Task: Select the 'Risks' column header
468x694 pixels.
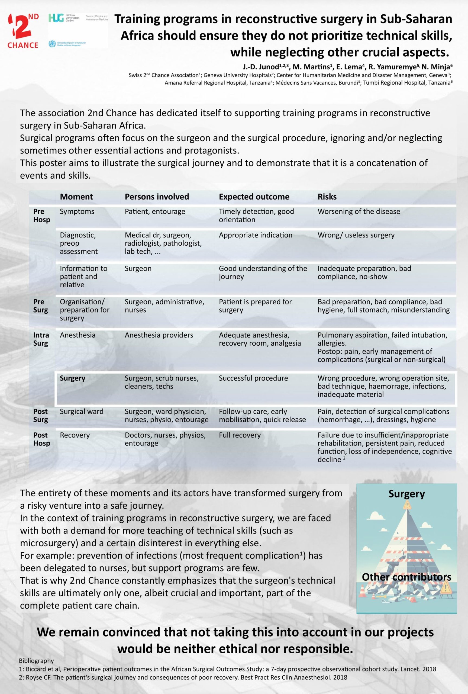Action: [327, 197]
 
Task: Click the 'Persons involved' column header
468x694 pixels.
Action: [157, 197]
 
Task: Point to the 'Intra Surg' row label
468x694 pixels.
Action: [41, 339]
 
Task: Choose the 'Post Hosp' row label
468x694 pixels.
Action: [41, 439]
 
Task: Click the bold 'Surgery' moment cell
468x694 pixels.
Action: [73, 378]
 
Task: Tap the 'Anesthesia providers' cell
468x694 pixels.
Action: [159, 335]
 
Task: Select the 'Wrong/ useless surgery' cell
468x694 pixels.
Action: [356, 235]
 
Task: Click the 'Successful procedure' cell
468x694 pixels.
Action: [253, 378]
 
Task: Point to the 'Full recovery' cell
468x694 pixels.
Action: [240, 435]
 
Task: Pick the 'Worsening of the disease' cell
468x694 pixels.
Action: [359, 211]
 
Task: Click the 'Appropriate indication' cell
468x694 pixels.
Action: [256, 235]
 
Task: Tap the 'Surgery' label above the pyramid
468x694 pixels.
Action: [406, 494]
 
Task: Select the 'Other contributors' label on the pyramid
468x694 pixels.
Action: [406, 577]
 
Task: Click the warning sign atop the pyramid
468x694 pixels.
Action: [407, 505]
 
